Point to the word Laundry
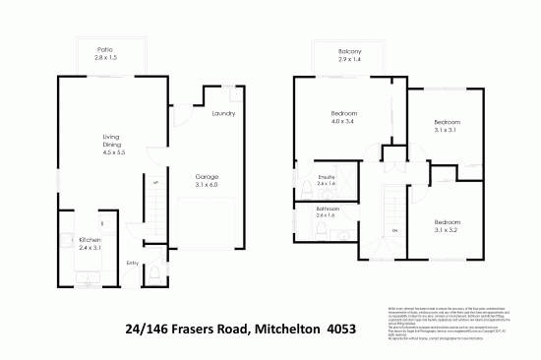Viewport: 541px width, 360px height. click(x=223, y=113)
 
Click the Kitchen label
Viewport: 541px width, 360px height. click(x=90, y=240)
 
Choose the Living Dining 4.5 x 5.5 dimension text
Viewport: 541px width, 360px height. click(x=114, y=154)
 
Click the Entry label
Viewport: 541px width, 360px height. click(x=133, y=263)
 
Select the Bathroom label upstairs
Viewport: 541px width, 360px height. click(x=328, y=209)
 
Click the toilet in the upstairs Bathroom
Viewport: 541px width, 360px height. click(x=322, y=230)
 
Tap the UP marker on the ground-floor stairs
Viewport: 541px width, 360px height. click(x=154, y=183)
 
